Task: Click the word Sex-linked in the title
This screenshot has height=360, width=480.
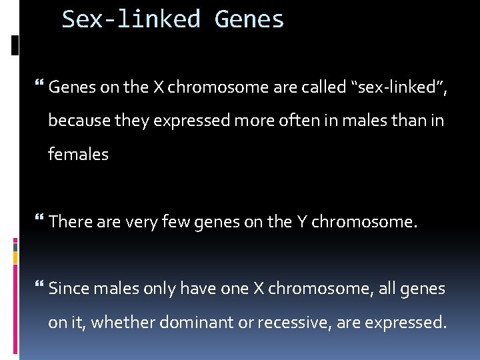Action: pos(131,19)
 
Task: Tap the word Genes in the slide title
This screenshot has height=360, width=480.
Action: pos(249,19)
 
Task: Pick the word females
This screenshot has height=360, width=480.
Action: pos(78,154)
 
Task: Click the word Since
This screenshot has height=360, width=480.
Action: pos(70,289)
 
